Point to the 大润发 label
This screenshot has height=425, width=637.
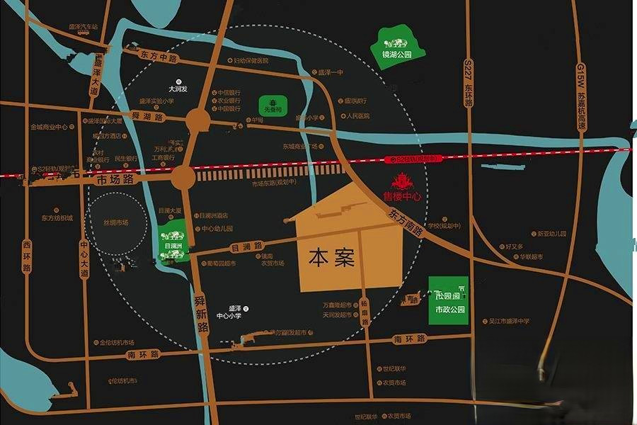178,90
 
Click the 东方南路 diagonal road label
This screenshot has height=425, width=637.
405,220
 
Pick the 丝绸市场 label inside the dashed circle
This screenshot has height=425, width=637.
115,222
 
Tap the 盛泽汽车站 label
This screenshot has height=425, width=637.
84,28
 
